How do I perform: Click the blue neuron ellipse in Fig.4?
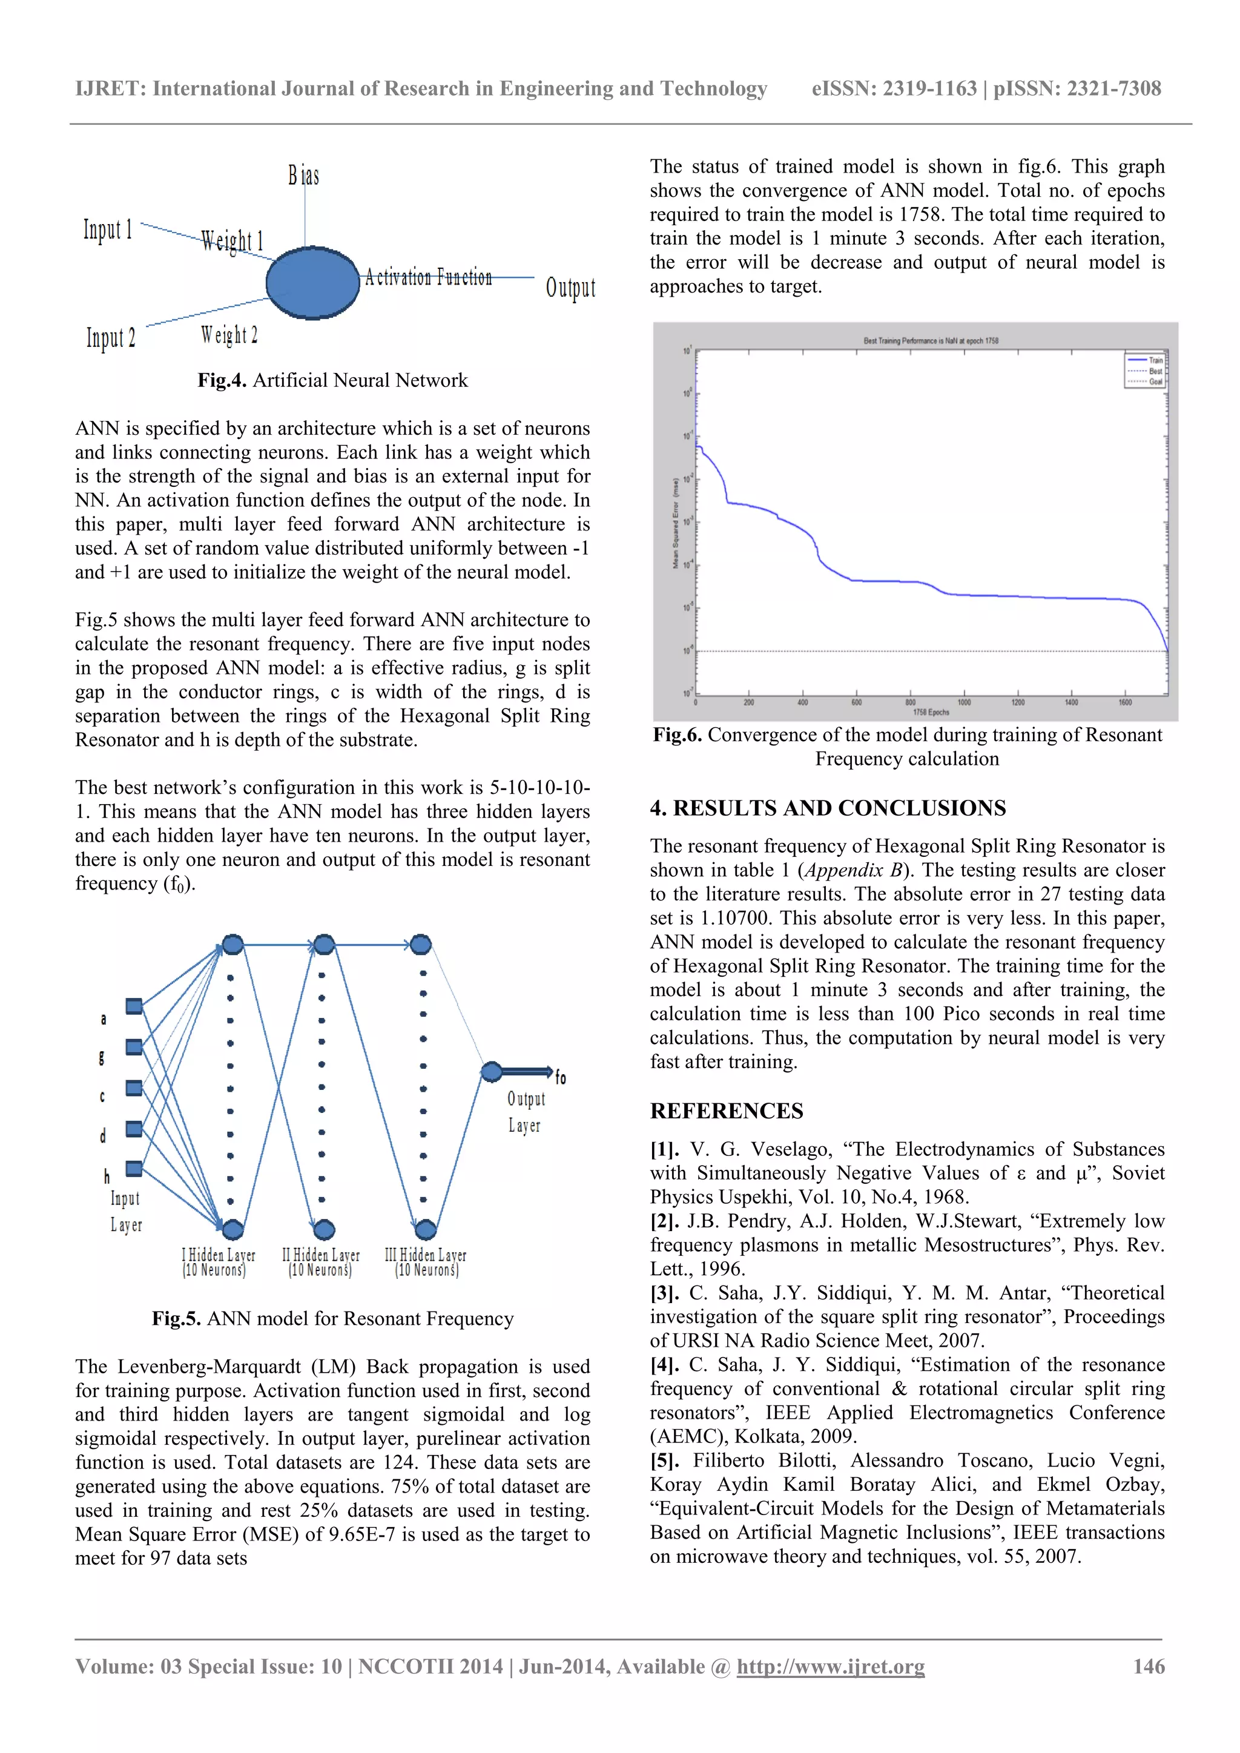coord(313,283)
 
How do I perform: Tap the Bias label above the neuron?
coord(303,176)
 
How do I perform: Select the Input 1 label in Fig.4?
coord(108,229)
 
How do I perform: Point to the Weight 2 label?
coord(229,335)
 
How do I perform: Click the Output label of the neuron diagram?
coord(570,288)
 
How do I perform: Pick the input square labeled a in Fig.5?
coord(134,1006)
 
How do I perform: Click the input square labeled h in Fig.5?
coord(134,1168)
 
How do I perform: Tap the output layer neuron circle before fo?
coord(492,1072)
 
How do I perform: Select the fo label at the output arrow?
coord(561,1077)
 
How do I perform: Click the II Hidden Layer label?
coord(321,1255)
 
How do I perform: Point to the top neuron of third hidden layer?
coord(421,945)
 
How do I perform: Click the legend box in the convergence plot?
coord(1144,371)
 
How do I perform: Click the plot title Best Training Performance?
coord(930,340)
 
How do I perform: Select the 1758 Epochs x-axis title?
coord(930,712)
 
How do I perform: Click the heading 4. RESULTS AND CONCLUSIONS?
coord(828,808)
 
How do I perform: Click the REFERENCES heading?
coord(726,1111)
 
